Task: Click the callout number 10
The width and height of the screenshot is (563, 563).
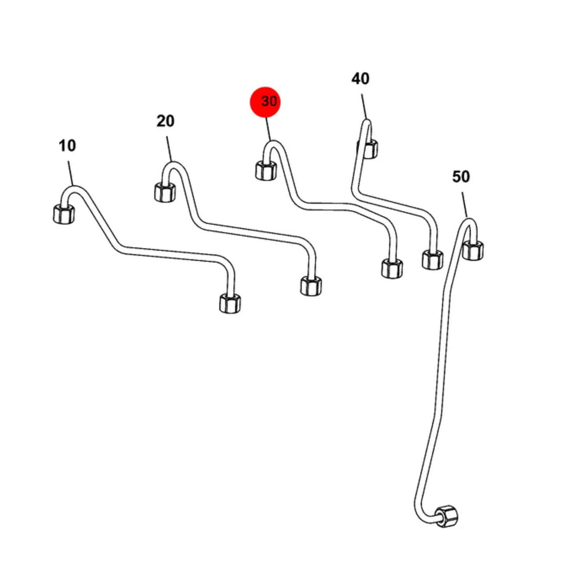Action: coord(67,145)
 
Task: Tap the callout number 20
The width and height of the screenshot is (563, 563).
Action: coord(165,121)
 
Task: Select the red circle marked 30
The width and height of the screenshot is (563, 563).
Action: coord(265,102)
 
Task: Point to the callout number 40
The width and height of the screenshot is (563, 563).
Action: coord(360,79)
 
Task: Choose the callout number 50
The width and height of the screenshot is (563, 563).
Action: coord(461,176)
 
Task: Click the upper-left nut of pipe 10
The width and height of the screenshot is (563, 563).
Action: coord(64,214)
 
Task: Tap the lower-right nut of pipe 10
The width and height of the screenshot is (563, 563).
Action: coord(230,303)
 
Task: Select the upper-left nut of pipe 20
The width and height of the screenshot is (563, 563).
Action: coord(165,192)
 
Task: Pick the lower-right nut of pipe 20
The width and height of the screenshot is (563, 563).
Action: coord(311,286)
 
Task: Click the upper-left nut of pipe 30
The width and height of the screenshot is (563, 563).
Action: coord(266,171)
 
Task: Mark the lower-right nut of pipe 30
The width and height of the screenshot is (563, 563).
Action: coord(392,268)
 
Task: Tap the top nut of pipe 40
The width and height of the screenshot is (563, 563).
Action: coord(368,149)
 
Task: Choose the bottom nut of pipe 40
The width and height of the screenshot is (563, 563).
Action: coord(432,259)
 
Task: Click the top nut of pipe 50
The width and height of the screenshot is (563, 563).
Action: coord(473,250)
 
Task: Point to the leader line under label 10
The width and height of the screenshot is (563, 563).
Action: coord(71,173)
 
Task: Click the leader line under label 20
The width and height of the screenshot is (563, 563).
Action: coord(169,149)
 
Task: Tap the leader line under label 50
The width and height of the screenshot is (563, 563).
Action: coord(464,205)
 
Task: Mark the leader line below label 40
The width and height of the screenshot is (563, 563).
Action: coord(364,106)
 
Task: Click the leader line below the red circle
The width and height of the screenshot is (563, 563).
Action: coord(268,129)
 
